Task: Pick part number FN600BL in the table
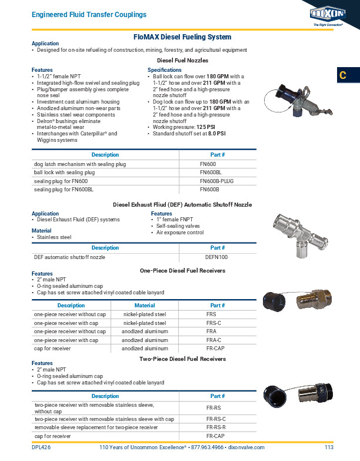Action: coord(211,173)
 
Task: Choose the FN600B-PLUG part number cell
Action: coord(216,181)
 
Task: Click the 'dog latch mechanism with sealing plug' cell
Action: coord(80,164)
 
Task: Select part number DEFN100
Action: coord(216,257)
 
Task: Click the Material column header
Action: coord(145,306)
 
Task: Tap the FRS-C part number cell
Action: coord(214,323)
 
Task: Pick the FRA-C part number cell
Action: coord(214,340)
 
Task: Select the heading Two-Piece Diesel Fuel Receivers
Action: coord(182,359)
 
